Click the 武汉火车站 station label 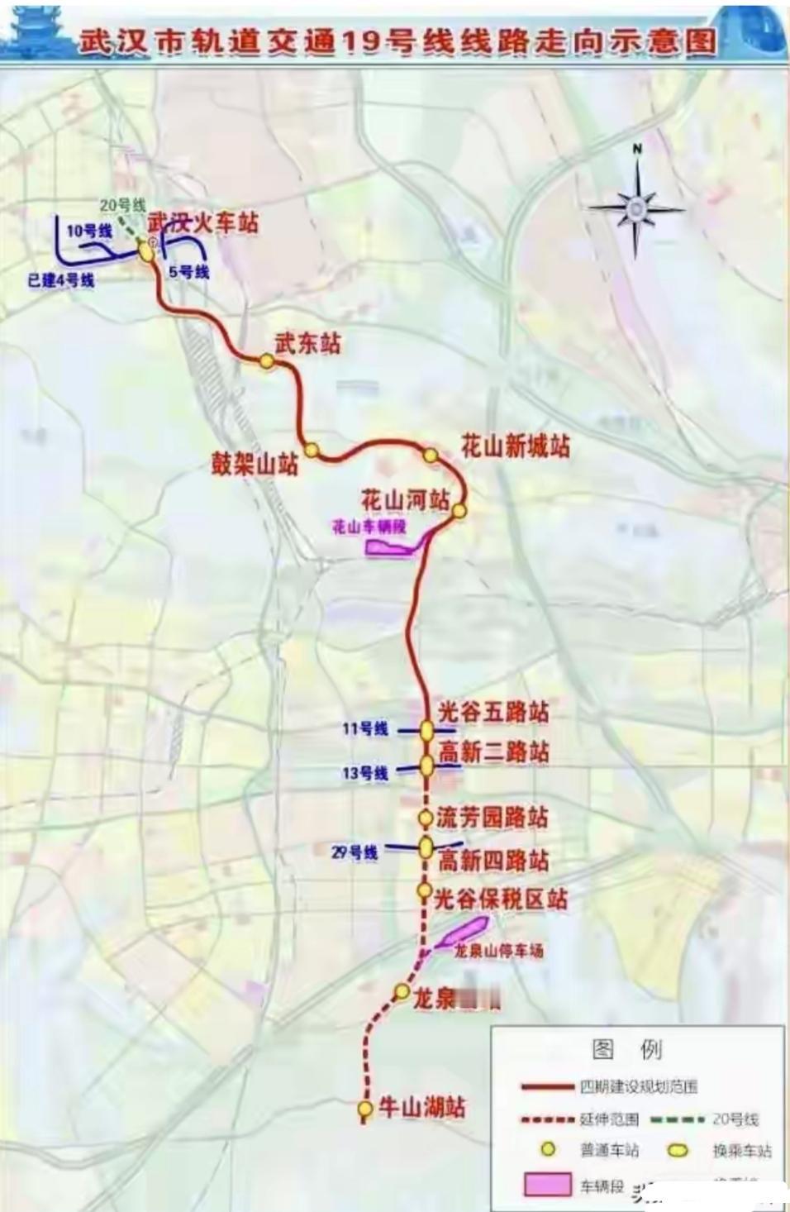[x=203, y=222]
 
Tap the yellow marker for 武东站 [x=267, y=360]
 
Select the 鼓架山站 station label [x=255, y=465]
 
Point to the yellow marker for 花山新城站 [x=431, y=455]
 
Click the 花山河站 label [x=405, y=500]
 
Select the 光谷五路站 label [x=493, y=711]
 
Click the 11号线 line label [x=365, y=729]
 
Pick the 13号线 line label [x=365, y=773]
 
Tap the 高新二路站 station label [x=493, y=752]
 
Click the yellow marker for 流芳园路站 [x=425, y=818]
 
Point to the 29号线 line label [x=355, y=852]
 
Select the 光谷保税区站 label [x=501, y=899]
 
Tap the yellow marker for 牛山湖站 [x=364, y=1108]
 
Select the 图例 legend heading [x=627, y=1049]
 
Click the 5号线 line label [x=188, y=271]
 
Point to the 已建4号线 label [x=61, y=280]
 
